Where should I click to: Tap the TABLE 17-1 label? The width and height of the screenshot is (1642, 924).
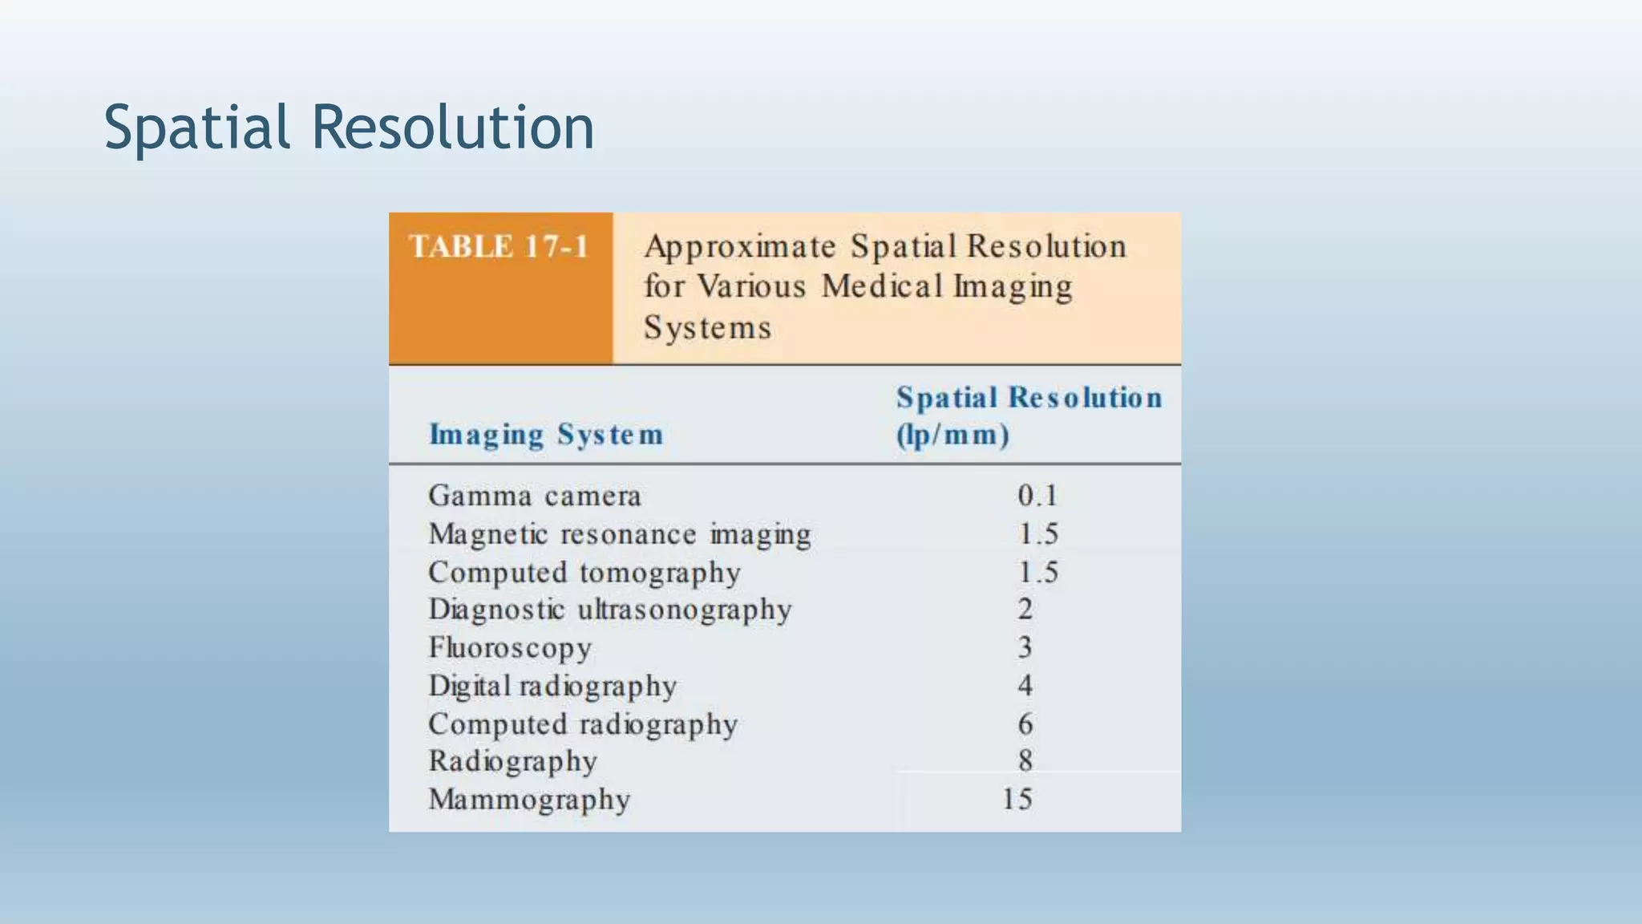click(499, 246)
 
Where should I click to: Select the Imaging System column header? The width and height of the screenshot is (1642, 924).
click(546, 435)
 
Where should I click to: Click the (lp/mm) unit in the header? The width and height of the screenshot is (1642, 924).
click(952, 436)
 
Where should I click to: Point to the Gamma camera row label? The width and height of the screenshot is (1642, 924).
click(535, 496)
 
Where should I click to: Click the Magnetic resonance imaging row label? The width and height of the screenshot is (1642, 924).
click(620, 534)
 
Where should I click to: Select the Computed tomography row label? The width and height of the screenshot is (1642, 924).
click(584, 573)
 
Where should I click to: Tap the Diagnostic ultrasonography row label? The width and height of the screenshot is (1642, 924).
click(610, 610)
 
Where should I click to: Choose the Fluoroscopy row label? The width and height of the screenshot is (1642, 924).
click(510, 648)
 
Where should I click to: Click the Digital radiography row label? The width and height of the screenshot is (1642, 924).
click(552, 686)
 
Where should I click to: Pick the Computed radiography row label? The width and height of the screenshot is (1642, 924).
click(583, 724)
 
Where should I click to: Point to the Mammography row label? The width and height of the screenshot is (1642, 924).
click(529, 800)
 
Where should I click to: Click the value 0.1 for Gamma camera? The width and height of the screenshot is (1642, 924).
click(1037, 496)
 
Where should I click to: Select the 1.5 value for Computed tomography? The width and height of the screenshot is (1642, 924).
click(1038, 573)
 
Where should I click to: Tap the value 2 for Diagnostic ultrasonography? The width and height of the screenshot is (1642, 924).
click(1025, 610)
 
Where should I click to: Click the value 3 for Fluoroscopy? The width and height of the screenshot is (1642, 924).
click(1025, 647)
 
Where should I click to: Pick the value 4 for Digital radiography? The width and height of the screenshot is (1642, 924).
click(1025, 686)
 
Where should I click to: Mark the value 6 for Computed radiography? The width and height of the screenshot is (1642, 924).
click(1025, 724)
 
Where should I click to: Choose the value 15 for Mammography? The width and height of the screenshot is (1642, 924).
click(1017, 799)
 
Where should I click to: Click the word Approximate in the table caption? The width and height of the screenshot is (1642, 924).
click(740, 247)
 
